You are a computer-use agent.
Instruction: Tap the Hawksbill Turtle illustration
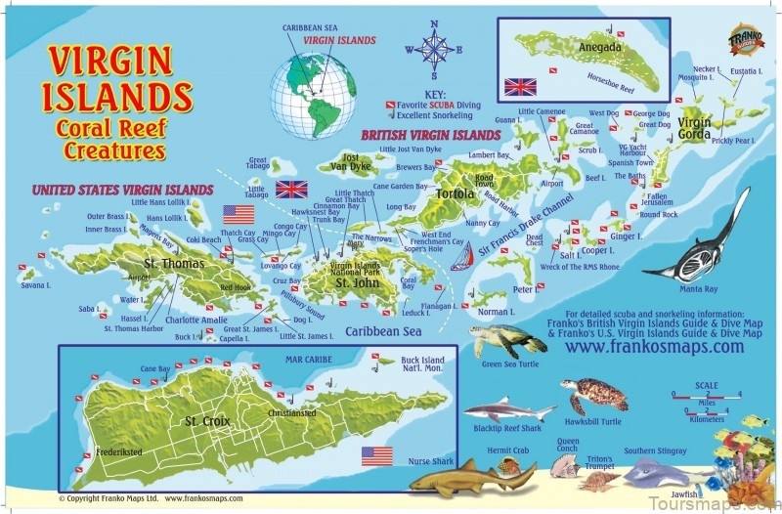coord(593,394)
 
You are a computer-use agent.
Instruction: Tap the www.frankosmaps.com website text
coord(640,346)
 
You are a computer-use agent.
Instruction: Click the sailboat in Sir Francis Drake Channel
coord(461,259)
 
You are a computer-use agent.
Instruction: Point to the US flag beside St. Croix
coord(376,455)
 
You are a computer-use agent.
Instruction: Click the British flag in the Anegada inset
coord(520,86)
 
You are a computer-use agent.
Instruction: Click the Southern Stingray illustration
coord(655,473)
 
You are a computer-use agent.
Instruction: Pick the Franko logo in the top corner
coord(745,39)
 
